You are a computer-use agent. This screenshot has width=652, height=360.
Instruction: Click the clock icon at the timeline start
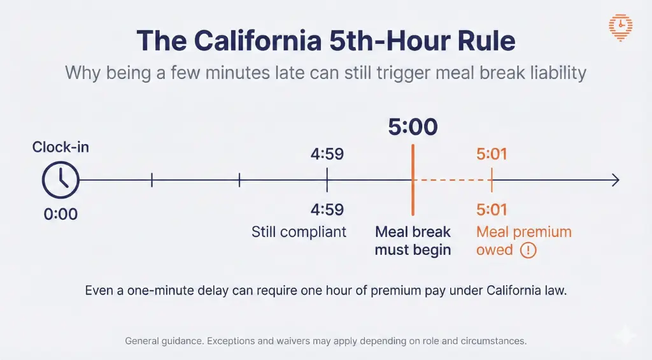click(60, 180)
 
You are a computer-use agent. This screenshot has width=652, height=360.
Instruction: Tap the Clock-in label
click(60, 148)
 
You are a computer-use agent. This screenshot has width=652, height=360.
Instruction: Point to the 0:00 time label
click(60, 214)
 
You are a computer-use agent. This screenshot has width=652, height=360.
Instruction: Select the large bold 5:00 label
click(413, 127)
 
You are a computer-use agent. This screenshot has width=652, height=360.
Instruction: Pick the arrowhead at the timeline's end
click(615, 180)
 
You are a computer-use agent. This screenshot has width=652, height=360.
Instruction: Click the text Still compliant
click(299, 231)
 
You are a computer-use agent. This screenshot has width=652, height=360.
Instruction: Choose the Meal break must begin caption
click(413, 240)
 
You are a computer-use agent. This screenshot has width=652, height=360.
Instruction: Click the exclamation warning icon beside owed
click(528, 250)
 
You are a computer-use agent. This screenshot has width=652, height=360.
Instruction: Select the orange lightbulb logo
click(620, 27)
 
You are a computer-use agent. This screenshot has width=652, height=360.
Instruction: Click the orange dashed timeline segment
click(452, 180)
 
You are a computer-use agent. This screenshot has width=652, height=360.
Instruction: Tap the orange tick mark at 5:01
click(492, 180)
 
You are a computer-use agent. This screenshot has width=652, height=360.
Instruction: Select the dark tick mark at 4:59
click(327, 180)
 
